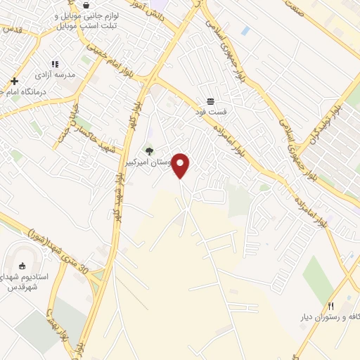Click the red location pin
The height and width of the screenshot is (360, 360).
(x=181, y=165)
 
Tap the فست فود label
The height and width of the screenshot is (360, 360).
(x=210, y=111)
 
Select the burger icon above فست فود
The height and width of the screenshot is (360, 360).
(x=210, y=101)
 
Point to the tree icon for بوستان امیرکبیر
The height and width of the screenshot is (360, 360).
(x=148, y=150)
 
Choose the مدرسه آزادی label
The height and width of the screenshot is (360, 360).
(x=55, y=75)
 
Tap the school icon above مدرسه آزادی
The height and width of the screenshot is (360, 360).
(x=55, y=65)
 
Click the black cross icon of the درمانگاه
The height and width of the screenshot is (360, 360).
(x=14, y=81)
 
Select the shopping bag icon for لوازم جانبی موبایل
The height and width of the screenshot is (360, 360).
(x=85, y=4)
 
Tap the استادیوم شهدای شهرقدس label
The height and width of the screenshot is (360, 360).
(x=25, y=282)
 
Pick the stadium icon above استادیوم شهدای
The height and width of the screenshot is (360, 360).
(x=21, y=266)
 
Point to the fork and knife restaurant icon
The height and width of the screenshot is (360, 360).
(x=331, y=306)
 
